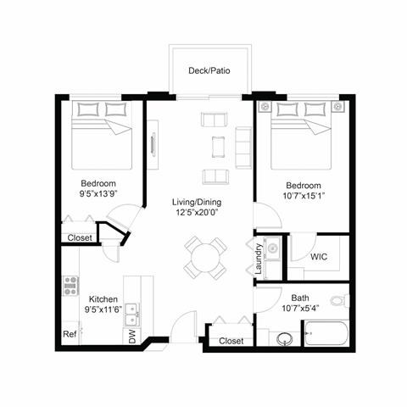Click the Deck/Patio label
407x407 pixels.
(213, 71)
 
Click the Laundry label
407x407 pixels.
(257, 259)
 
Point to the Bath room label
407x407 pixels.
(300, 298)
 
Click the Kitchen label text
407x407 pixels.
(103, 299)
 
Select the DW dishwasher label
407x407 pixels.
(131, 336)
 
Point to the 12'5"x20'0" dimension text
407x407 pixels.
(198, 213)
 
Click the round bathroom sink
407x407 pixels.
(284, 338)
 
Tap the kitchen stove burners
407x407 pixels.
(70, 285)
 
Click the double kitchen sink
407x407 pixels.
(131, 318)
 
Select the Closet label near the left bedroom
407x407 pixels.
(80, 238)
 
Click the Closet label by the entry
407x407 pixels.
(231, 341)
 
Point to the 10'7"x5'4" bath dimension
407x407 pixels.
(300, 309)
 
